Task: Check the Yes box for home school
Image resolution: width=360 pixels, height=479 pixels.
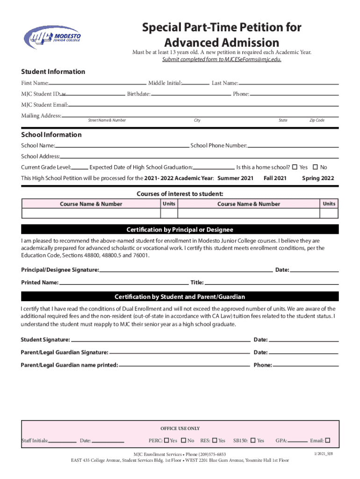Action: pyautogui.click(x=295, y=167)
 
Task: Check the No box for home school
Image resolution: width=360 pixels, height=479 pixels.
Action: pyautogui.click(x=315, y=167)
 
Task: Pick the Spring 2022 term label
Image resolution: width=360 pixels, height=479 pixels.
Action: pyautogui.click(x=318, y=178)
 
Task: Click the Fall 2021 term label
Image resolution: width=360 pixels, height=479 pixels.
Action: pyautogui.click(x=275, y=178)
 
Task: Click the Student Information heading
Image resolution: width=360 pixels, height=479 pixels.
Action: pyautogui.click(x=53, y=72)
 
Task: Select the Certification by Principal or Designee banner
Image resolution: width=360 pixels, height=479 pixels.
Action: pyautogui.click(x=180, y=230)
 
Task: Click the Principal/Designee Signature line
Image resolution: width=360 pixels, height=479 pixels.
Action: pyautogui.click(x=186, y=270)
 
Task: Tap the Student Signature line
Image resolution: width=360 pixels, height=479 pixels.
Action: pyautogui.click(x=160, y=340)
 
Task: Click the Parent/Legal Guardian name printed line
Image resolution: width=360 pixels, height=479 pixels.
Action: pyautogui.click(x=184, y=365)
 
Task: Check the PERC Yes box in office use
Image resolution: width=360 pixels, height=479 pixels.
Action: pyautogui.click(x=166, y=440)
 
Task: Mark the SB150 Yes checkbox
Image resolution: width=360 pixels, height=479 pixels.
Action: pyautogui.click(x=253, y=440)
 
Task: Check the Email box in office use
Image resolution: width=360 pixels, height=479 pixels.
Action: pyautogui.click(x=328, y=440)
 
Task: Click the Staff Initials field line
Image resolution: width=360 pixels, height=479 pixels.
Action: pyautogui.click(x=62, y=441)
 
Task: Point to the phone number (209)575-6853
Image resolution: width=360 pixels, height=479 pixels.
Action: pyautogui.click(x=209, y=454)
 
